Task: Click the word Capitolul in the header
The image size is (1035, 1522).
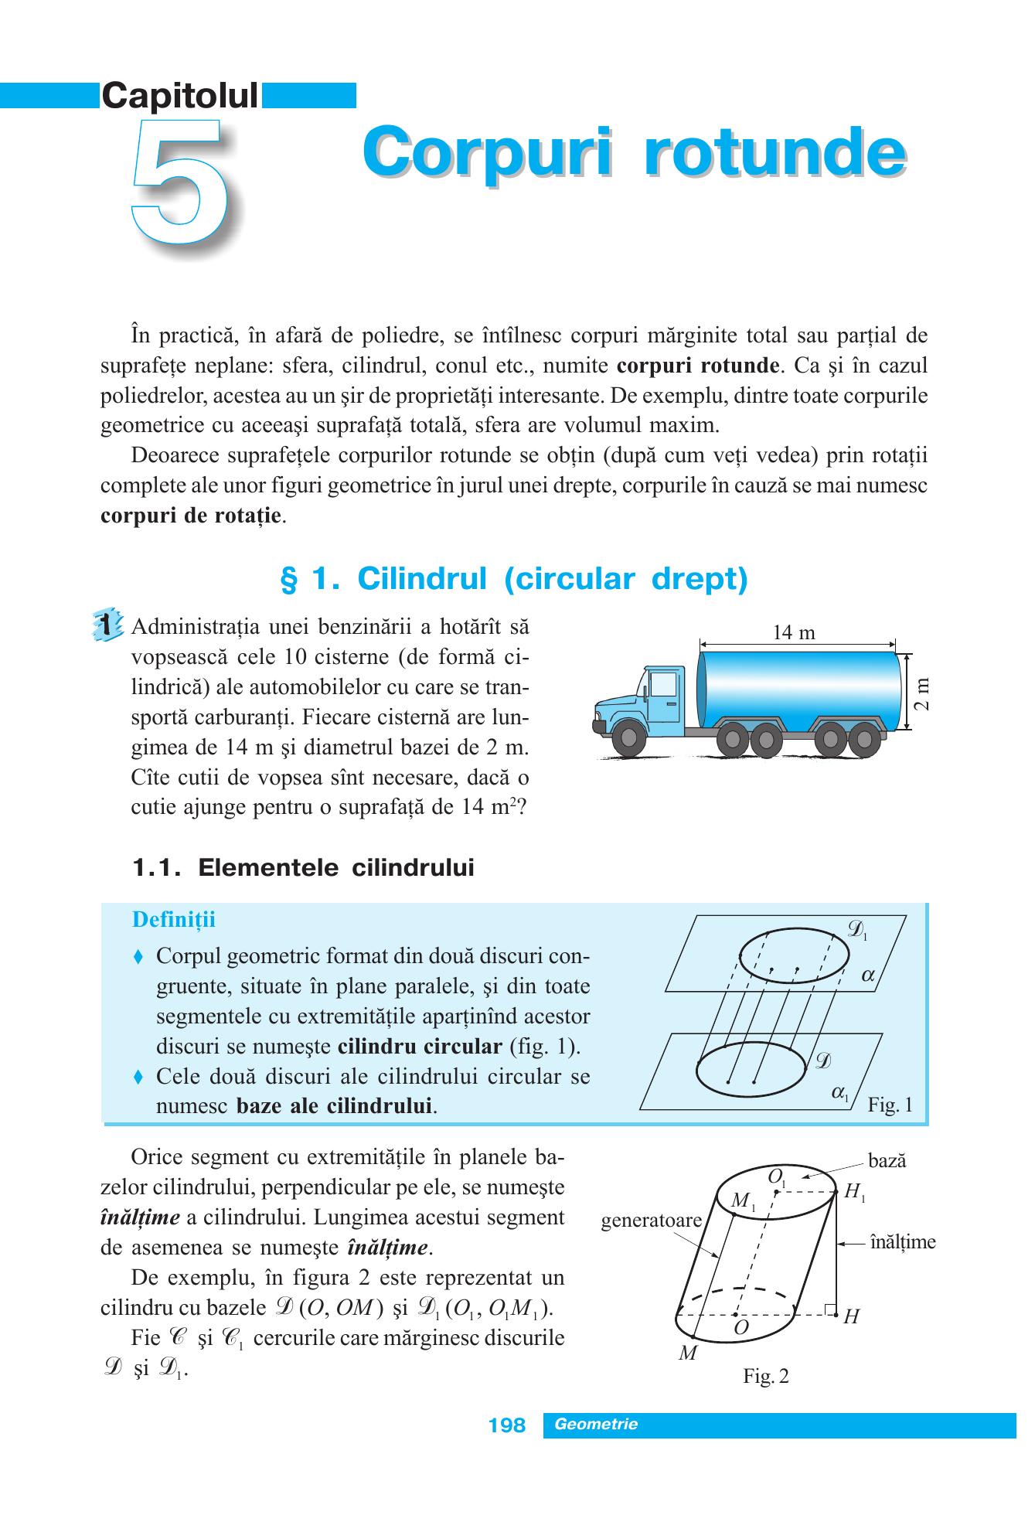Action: coord(180,96)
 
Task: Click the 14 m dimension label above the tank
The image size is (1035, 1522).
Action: coord(794,632)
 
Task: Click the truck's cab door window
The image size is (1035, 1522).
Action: coord(663,686)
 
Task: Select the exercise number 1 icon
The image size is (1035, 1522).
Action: coord(106,624)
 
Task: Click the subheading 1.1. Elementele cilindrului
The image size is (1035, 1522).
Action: coord(303,869)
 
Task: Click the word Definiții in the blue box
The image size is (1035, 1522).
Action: coord(174,920)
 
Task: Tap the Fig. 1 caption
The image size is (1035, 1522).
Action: coord(890,1105)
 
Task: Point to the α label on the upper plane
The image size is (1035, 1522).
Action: coord(867,976)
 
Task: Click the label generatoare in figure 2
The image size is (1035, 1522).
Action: coord(652,1221)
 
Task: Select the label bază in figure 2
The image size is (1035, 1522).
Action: coord(887,1160)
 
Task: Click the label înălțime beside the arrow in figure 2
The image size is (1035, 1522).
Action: coord(903,1242)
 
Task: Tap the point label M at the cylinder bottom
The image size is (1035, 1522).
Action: coord(687,1353)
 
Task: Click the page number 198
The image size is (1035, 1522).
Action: coord(507,1425)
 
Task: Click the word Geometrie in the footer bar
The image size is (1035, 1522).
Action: coord(596,1424)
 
